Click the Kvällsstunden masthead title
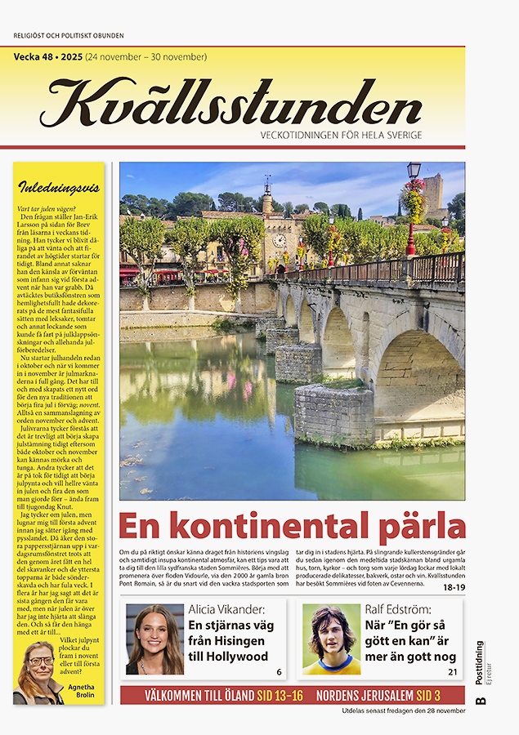pyautogui.click(x=230, y=103)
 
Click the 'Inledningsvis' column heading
pyautogui.click(x=58, y=188)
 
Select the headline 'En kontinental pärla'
pyautogui.click(x=292, y=526)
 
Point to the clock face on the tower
pyautogui.click(x=280, y=240)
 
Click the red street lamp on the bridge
pyautogui.click(x=413, y=207)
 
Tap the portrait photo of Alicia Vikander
pyautogui.click(x=154, y=639)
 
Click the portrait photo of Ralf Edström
pyautogui.click(x=331, y=639)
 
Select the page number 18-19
pyautogui.click(x=454, y=587)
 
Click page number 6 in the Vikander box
pyautogui.click(x=279, y=672)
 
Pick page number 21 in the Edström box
pyautogui.click(x=452, y=672)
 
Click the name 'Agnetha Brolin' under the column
pyautogui.click(x=86, y=692)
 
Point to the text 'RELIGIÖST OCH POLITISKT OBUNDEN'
pyautogui.click(x=69, y=36)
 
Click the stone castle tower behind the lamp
pyautogui.click(x=432, y=193)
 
